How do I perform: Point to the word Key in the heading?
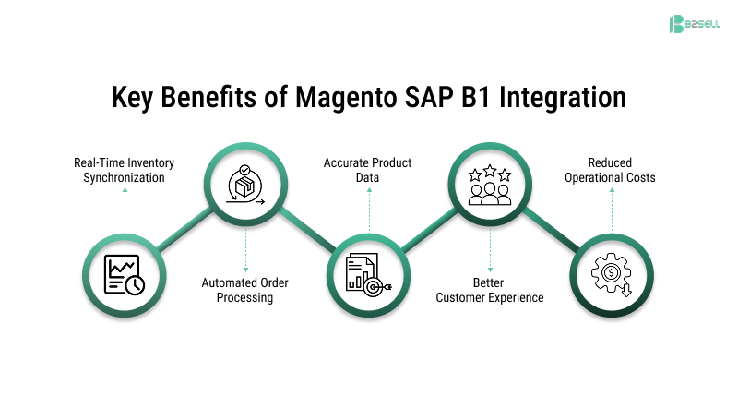[132, 97]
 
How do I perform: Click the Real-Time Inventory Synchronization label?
[124, 170]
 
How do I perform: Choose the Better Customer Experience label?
[490, 290]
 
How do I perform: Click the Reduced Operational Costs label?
[610, 170]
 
